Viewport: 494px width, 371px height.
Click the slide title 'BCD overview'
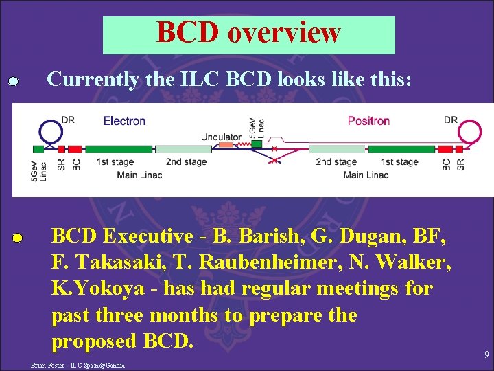[248, 32]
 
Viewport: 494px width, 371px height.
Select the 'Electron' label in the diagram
[124, 121]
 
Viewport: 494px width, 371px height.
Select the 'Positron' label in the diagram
[368, 121]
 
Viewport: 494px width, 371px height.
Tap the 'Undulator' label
[221, 137]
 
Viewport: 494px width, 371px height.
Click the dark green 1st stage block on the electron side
[118, 149]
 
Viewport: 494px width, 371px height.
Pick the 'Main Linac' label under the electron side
[139, 175]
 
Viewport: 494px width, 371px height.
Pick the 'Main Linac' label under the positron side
[366, 175]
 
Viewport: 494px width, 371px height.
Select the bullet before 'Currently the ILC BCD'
[12, 82]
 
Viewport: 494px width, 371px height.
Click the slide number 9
[486, 355]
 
